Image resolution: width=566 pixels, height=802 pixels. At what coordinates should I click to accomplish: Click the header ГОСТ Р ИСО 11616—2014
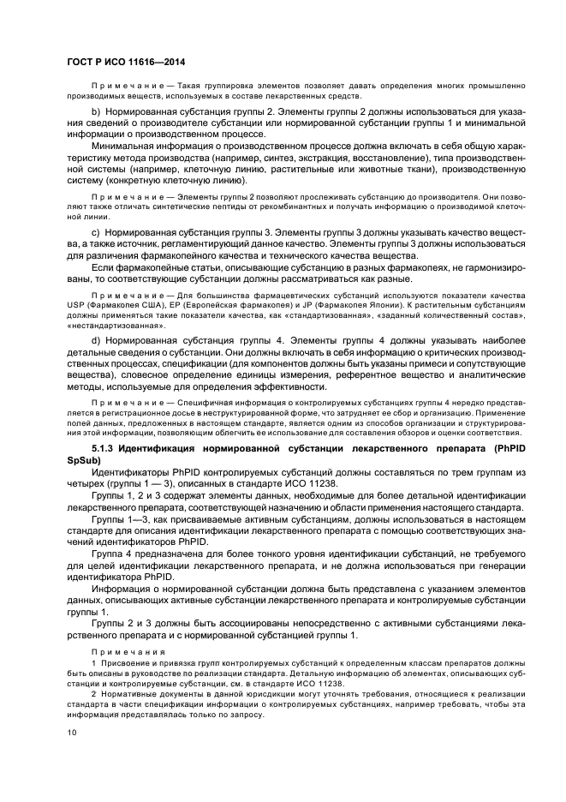click(126, 63)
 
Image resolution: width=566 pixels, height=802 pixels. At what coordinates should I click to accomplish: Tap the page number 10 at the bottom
click(72, 732)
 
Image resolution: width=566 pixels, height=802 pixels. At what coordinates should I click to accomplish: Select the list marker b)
click(96, 113)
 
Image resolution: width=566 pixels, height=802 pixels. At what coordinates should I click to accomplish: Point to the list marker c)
click(96, 233)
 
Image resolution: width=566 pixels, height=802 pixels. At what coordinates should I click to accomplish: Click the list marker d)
click(96, 340)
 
